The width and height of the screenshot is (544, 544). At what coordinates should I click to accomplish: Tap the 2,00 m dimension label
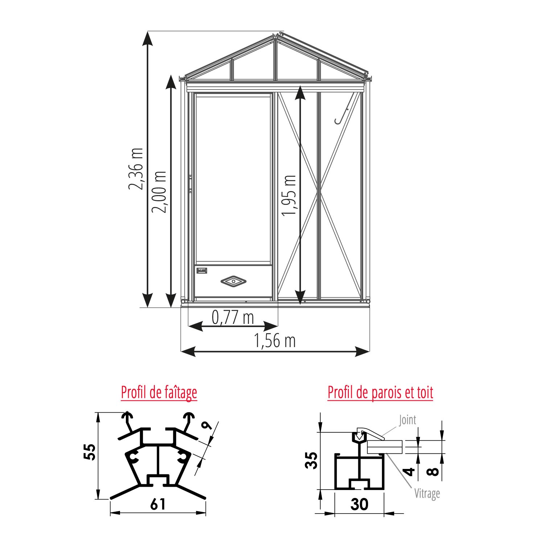point(159,192)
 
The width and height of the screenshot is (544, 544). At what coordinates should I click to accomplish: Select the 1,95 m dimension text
point(289,195)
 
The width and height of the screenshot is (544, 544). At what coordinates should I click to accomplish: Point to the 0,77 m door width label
point(233,317)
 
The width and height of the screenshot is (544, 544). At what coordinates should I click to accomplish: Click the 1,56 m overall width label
point(275,341)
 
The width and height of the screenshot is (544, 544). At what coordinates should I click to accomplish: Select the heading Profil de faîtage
point(159,392)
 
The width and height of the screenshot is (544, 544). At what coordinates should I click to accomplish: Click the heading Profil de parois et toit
point(380,392)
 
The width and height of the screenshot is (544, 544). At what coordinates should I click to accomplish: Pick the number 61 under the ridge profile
point(158,504)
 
